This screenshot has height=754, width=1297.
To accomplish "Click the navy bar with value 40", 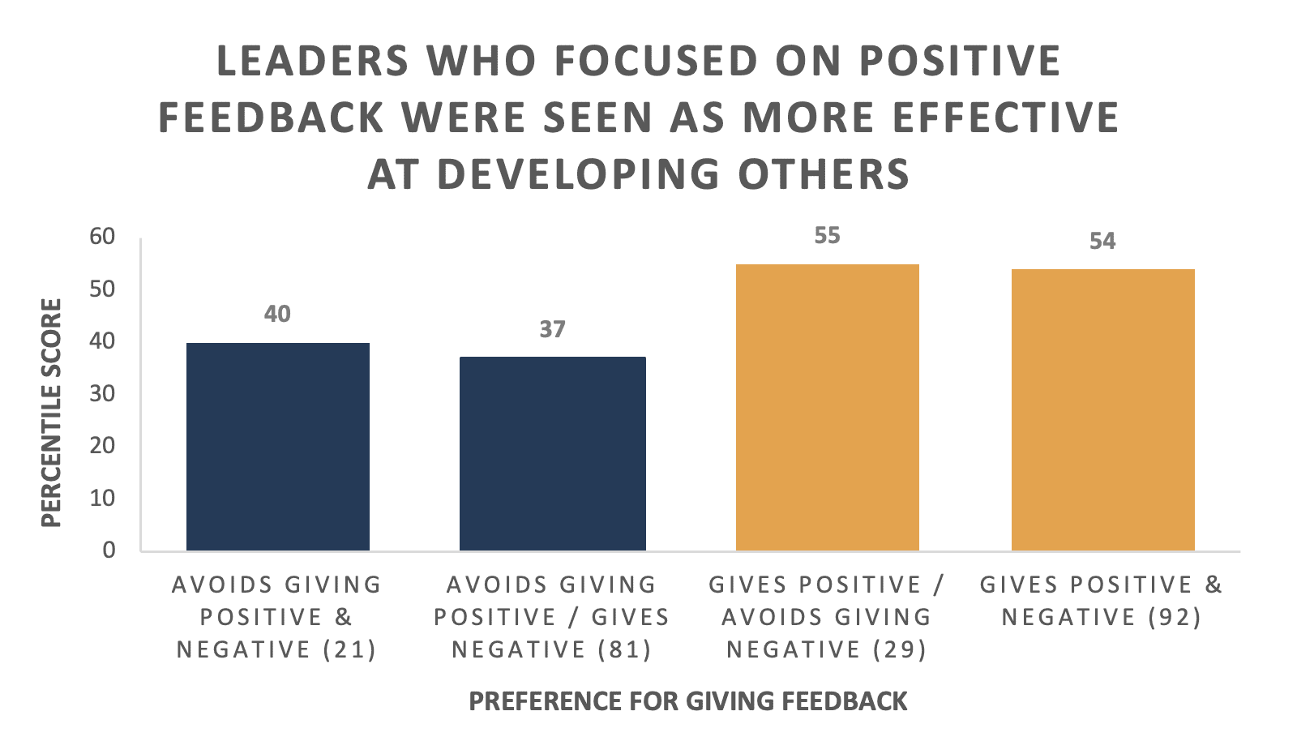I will pos(277,447).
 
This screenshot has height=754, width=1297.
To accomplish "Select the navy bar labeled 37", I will pos(552,454).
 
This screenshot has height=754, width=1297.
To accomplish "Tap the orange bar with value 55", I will pos(827,408).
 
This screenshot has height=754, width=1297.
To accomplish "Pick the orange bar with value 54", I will pos(1102,410).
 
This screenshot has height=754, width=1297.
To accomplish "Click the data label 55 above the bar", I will pos(827,236).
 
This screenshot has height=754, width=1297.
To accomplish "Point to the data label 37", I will pos(552,329).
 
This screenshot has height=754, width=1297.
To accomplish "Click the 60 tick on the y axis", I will pos(103,237).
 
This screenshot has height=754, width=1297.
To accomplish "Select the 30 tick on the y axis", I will pos(103,394).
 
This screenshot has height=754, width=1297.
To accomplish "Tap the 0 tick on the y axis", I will pos(109,551).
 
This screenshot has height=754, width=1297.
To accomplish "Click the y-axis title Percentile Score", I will pos(51,413).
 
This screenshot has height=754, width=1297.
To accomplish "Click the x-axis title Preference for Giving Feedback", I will pos(688,701).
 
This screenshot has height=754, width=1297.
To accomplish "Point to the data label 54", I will pos(1102,242).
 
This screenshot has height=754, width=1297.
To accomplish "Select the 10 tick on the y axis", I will pos(103,499).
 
